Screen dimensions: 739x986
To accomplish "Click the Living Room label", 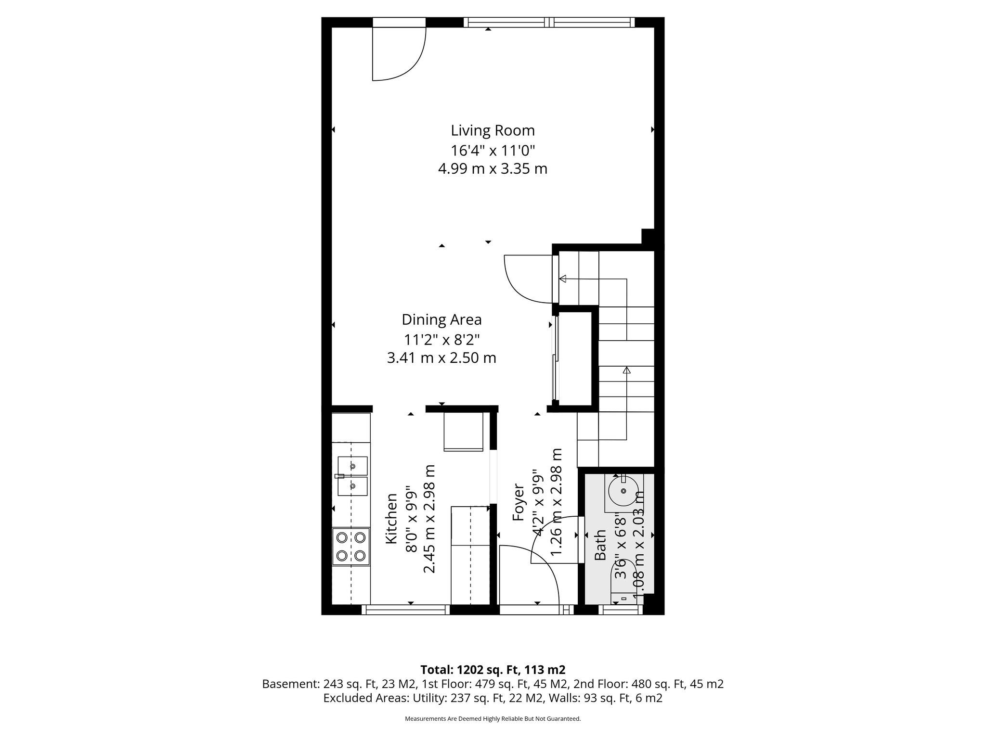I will click(493, 130).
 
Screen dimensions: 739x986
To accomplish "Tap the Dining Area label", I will click(441, 319).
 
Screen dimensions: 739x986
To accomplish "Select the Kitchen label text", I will click(392, 519).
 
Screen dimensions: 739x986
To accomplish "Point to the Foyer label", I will click(519, 502).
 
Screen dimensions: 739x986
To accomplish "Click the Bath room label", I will click(600, 545).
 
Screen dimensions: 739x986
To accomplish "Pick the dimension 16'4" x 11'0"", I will click(493, 150).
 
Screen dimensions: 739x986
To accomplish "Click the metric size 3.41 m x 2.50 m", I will click(441, 358).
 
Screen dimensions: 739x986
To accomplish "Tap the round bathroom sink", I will click(623, 491).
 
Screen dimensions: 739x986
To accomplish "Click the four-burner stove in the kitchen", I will click(351, 546).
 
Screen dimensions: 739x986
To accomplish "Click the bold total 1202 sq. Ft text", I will click(493, 670).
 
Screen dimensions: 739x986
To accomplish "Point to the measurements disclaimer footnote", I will click(493, 719).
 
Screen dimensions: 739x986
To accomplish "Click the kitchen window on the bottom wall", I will click(405, 610).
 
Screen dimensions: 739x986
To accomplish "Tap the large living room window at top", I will click(549, 22).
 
